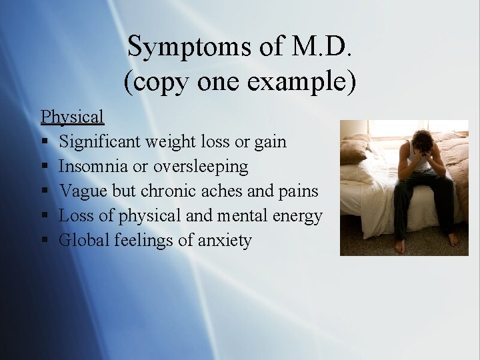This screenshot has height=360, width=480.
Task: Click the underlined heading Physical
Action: click(72, 117)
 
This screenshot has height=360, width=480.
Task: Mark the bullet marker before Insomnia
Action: click(44, 167)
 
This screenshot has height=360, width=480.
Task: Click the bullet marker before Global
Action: click(44, 241)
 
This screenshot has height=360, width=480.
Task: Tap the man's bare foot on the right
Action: click(453, 239)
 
